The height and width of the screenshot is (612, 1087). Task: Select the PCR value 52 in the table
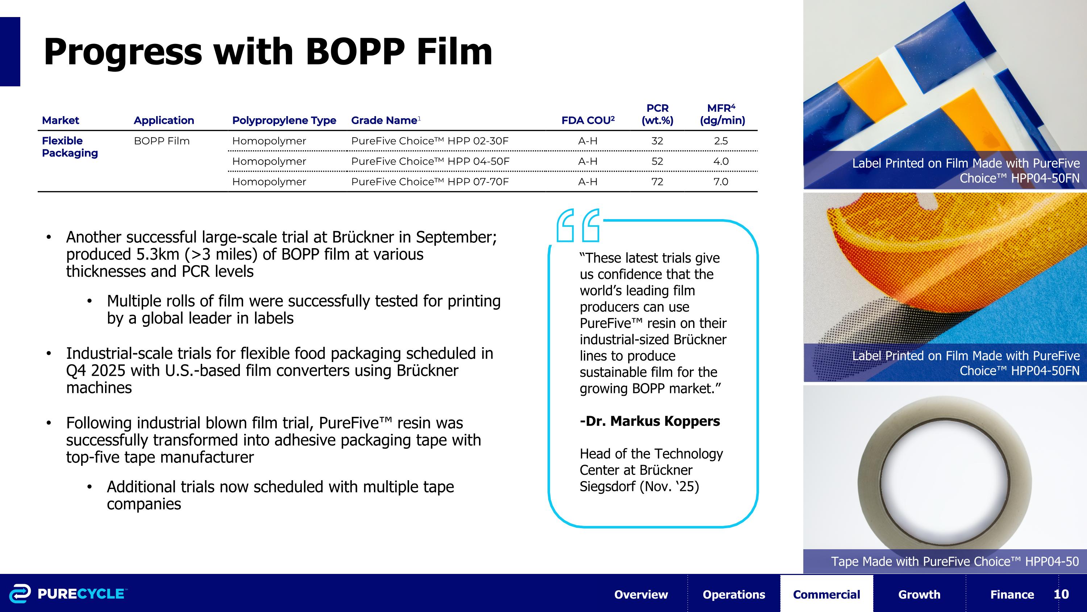click(x=657, y=161)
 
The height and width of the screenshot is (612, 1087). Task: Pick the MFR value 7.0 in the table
click(x=721, y=182)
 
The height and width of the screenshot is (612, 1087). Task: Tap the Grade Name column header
click(x=384, y=120)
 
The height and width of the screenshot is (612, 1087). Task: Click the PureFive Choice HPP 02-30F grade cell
click(x=430, y=141)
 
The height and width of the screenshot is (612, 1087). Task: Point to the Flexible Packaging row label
click(x=70, y=147)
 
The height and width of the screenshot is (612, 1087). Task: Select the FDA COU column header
click(x=587, y=120)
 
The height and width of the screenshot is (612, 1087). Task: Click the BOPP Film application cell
click(x=162, y=141)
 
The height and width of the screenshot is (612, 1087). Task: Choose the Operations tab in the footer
click(x=733, y=594)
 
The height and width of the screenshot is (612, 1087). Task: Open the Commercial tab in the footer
click(x=826, y=594)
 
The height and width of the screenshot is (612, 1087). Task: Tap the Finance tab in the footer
click(x=1012, y=594)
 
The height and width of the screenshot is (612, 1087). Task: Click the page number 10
click(x=1061, y=594)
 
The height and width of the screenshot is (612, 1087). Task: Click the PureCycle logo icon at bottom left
click(x=20, y=593)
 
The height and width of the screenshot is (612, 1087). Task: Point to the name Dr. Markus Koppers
click(x=650, y=421)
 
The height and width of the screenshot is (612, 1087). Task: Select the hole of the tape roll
click(x=944, y=481)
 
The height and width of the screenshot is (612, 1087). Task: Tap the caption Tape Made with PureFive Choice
click(x=954, y=561)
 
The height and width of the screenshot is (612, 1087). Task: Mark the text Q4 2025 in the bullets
click(x=96, y=370)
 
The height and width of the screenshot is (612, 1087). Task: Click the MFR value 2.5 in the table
click(x=721, y=141)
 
